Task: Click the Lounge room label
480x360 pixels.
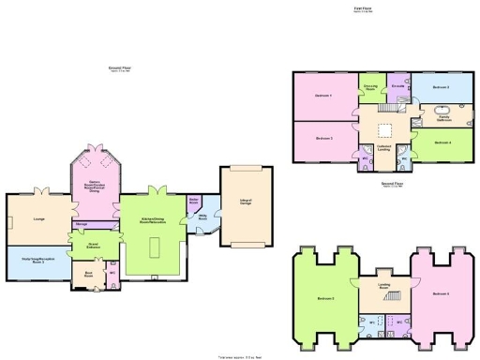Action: pyautogui.click(x=39, y=218)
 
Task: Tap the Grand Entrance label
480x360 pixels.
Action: pyautogui.click(x=94, y=247)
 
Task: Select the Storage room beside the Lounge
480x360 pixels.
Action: pyautogui.click(x=82, y=225)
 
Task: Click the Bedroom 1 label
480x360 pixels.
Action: pyautogui.click(x=324, y=96)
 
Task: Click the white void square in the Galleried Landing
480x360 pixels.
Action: pyautogui.click(x=384, y=131)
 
